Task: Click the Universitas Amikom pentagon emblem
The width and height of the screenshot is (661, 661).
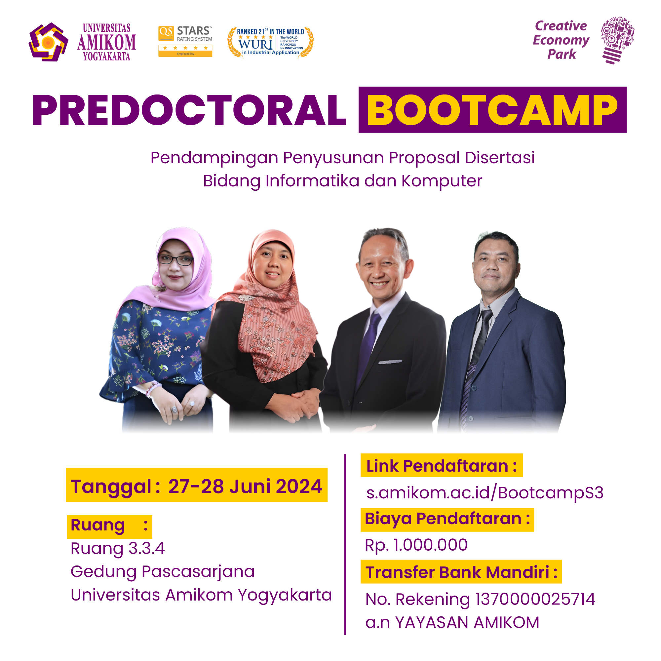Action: click(48, 42)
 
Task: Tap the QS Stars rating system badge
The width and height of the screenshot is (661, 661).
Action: click(185, 41)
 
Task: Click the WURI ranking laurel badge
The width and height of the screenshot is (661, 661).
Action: click(270, 42)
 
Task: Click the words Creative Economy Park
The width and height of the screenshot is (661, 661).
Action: click(561, 40)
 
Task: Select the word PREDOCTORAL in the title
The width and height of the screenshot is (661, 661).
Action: click(189, 110)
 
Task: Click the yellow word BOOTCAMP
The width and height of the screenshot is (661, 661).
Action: click(492, 110)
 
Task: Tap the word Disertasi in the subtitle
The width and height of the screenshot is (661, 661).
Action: click(499, 158)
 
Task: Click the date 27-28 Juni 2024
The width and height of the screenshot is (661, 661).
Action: click(245, 486)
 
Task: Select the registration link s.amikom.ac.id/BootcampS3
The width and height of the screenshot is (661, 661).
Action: click(485, 493)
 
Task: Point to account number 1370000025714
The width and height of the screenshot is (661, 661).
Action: click(535, 599)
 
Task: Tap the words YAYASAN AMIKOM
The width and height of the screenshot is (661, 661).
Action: click(467, 622)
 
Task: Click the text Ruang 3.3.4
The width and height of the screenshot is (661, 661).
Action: click(118, 548)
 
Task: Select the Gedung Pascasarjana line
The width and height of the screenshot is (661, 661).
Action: click(163, 572)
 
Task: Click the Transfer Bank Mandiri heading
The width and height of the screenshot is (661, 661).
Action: click(461, 572)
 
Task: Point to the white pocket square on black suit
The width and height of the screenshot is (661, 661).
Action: click(390, 362)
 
